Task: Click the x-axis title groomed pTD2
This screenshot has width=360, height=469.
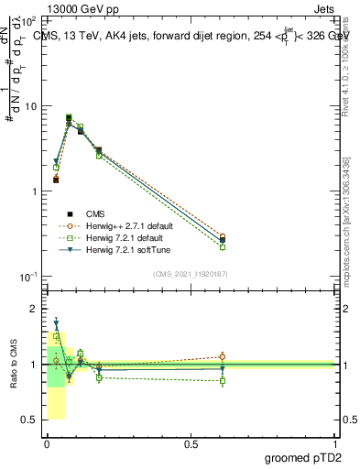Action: (x=302, y=458)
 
